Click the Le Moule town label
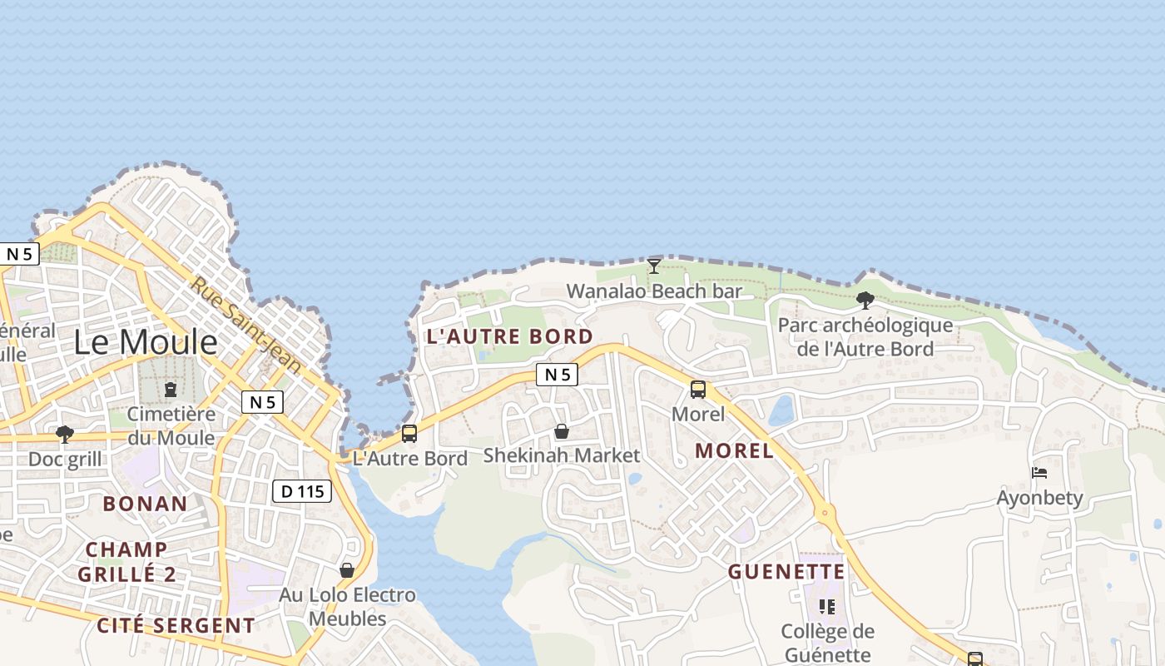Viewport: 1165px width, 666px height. [146, 342]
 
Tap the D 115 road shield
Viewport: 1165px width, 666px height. [302, 491]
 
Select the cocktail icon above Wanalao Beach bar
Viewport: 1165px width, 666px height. [654, 266]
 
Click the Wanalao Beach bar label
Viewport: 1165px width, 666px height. [654, 291]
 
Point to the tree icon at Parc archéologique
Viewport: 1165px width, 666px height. [865, 300]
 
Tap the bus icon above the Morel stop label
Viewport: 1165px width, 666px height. [698, 389]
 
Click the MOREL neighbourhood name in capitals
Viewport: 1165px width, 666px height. [734, 451]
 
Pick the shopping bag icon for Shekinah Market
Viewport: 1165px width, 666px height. [562, 431]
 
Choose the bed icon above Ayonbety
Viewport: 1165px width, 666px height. [1039, 473]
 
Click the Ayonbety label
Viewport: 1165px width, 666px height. [1040, 498]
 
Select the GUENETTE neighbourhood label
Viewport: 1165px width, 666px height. [786, 572]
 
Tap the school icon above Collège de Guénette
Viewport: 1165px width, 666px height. [827, 606]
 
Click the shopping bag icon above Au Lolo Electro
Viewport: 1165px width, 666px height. [347, 570]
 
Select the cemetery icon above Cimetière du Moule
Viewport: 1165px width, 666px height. [171, 389]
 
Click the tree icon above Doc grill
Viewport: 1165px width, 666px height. [64, 434]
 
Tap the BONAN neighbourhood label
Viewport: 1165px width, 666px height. [146, 504]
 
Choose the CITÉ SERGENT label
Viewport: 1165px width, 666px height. [176, 625]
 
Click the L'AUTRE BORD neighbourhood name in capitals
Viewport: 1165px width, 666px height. [509, 337]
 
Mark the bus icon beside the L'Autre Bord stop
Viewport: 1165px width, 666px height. [409, 433]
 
